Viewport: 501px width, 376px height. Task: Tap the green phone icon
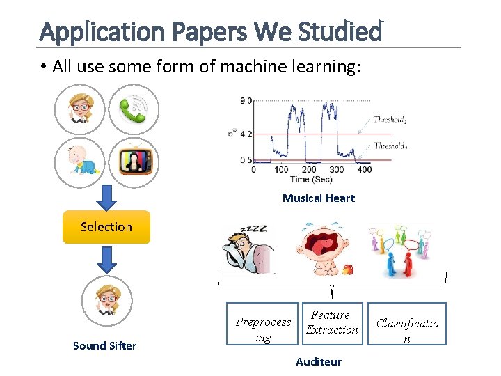click(x=134, y=109)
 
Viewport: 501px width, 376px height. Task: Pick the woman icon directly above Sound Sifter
click(x=106, y=301)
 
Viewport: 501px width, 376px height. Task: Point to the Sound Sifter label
click(x=105, y=345)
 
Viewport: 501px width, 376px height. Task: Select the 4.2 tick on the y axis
click(x=245, y=134)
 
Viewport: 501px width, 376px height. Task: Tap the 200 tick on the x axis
click(x=308, y=169)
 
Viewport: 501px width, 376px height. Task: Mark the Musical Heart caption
click(x=318, y=198)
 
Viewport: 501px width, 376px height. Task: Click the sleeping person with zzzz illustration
click(x=247, y=249)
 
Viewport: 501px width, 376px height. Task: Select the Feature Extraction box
click(x=332, y=323)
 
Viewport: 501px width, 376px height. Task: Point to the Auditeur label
click(x=318, y=361)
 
